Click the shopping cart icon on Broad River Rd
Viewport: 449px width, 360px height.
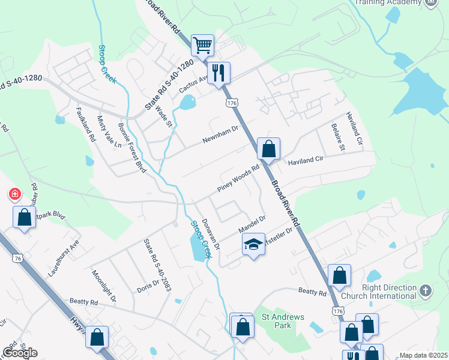coord(203,44)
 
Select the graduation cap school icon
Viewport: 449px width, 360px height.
coord(253,244)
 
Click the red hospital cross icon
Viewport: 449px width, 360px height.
coord(14,194)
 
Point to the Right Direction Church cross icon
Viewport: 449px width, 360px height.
coord(426,291)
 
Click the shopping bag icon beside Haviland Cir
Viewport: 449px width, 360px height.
coord(269,148)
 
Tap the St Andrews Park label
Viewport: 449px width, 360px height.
coord(283,321)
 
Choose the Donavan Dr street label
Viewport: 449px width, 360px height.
coord(211,234)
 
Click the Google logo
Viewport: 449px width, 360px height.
coord(20,352)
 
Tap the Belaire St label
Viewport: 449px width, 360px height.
coord(338,136)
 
